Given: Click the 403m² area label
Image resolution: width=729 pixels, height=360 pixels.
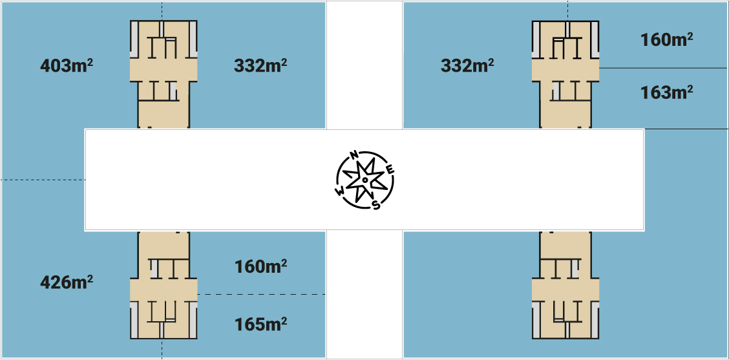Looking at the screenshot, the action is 67,65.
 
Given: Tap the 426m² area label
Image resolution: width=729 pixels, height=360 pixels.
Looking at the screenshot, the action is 67,282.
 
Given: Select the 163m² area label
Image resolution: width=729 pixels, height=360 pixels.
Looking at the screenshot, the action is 667,92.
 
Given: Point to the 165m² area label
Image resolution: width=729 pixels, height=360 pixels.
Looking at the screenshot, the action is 260,323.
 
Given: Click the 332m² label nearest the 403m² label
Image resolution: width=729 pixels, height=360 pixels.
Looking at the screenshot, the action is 260,65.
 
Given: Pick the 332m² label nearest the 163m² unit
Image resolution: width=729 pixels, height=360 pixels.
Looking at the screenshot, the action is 467,65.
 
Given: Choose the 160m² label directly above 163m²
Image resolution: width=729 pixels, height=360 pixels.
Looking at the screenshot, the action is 667,39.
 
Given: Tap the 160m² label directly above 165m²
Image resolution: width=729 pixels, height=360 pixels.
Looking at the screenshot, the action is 260,266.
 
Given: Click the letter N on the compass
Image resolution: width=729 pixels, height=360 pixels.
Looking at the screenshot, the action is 354,155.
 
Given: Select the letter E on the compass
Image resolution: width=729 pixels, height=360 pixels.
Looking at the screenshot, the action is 390,170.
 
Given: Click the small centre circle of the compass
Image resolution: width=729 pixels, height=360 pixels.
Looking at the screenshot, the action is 365,180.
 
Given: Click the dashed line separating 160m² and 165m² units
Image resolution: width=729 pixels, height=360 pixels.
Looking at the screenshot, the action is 261,295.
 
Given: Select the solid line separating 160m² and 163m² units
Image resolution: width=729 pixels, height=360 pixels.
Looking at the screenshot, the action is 664,69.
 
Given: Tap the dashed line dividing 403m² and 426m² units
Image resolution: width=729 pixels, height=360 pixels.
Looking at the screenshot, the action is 43,180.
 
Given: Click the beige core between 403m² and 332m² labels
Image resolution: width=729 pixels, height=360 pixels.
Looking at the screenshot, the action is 164,74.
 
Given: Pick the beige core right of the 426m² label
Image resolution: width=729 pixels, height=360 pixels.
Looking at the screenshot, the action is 164,284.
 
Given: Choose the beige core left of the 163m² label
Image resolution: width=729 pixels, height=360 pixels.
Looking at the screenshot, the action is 565,74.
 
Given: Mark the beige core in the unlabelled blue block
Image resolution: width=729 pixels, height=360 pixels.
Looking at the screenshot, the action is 565,284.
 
